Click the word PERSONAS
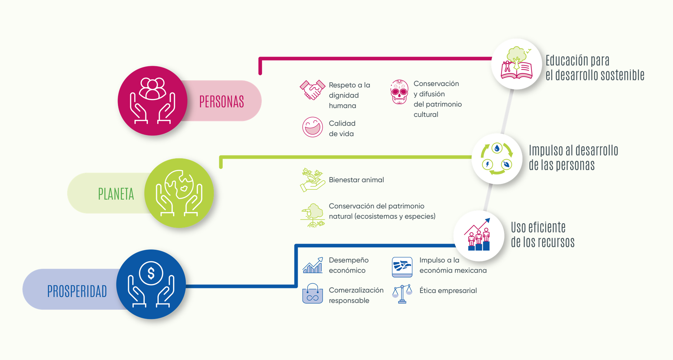tap(222, 102)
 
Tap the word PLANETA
tap(116, 194)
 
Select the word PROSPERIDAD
tap(77, 291)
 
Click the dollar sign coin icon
tap(151, 273)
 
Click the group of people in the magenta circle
tap(153, 89)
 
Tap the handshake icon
tap(311, 90)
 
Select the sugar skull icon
tap(399, 92)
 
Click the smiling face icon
tap(312, 127)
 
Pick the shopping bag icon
tap(312, 293)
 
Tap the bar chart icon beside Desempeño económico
tap(312, 265)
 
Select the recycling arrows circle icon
tap(497, 159)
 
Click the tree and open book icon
tap(517, 63)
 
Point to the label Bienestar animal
tap(356, 180)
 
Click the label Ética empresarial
tap(448, 291)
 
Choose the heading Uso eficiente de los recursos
tap(543, 235)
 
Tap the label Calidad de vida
tap(342, 129)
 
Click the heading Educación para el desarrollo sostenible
tap(595, 68)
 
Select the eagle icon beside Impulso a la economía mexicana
tap(402, 267)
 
